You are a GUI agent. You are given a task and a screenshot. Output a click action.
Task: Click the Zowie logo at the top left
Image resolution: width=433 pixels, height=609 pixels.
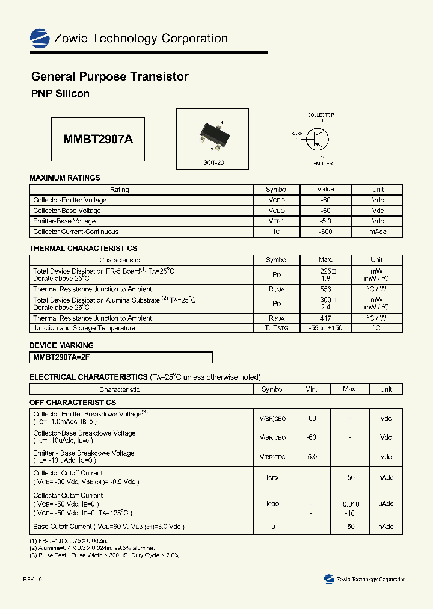[x=40, y=39]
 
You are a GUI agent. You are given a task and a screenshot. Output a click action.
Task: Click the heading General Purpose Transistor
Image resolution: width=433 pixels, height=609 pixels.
[x=109, y=77]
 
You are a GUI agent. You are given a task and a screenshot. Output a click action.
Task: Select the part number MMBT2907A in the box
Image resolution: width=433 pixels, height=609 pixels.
[x=98, y=139]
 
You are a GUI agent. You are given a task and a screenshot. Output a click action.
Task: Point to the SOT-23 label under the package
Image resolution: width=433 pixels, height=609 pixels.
[x=213, y=163]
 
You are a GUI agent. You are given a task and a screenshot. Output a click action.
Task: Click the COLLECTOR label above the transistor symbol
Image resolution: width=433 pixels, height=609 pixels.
[x=321, y=115]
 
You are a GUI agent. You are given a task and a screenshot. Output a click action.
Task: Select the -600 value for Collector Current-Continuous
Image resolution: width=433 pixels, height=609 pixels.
[x=325, y=232]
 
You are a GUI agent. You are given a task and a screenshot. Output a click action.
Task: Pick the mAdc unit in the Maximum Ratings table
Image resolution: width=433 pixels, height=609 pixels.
[x=378, y=232]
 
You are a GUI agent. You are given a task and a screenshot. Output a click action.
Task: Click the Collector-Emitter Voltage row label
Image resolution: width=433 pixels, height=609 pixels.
[x=70, y=200]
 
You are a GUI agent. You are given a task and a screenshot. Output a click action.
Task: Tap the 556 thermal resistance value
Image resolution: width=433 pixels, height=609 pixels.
[x=325, y=289]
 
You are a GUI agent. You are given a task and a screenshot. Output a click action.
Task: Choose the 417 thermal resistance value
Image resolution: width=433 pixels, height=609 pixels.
[x=325, y=318]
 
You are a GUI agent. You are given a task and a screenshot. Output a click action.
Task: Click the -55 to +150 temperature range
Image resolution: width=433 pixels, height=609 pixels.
[x=325, y=328]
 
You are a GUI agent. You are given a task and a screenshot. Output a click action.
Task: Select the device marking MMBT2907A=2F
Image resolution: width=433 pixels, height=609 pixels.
[x=60, y=357]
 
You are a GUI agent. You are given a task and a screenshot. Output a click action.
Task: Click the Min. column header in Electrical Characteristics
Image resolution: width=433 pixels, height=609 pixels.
[x=311, y=389]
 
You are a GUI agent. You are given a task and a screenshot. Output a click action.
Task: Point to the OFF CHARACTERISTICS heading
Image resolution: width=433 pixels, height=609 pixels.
[x=73, y=402]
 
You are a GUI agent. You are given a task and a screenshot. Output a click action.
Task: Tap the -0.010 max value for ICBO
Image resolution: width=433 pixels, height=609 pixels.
[x=349, y=504]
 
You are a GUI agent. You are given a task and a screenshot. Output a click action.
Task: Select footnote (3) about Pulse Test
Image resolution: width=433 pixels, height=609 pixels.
[x=105, y=555]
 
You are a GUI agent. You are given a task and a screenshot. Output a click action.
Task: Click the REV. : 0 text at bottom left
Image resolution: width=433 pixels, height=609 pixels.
[x=32, y=579]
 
